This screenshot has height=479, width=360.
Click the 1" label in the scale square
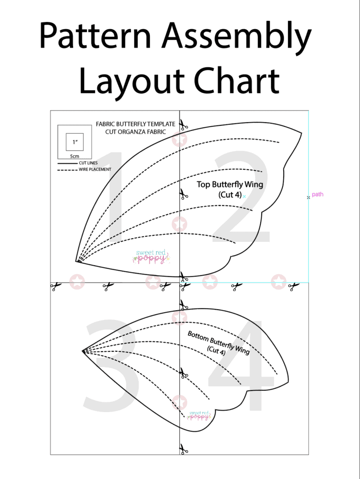pos(74,142)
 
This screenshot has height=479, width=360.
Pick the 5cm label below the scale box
pos(74,156)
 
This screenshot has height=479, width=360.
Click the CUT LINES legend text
pos(88,163)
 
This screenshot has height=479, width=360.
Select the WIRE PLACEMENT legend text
pos(95,169)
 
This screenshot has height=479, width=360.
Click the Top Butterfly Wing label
pos(230,184)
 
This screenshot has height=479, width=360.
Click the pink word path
pos(317,194)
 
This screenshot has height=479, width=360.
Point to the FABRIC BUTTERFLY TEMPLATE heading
pos(135,124)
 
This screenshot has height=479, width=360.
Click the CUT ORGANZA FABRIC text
pos(135,131)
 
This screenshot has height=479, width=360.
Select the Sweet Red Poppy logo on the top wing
pos(151,256)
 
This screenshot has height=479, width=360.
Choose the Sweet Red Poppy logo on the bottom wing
pos(198,414)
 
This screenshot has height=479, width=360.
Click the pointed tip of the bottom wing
pos(83,350)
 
